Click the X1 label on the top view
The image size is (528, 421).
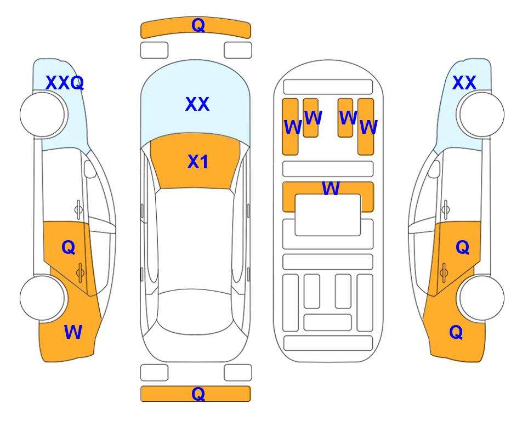[198, 162]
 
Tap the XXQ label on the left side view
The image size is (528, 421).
[65, 83]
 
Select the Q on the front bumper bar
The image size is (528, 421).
[198, 25]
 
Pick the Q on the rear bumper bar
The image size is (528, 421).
[198, 394]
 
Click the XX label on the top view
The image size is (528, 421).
[197, 104]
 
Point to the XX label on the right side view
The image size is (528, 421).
[464, 83]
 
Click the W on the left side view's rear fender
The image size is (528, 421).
[73, 332]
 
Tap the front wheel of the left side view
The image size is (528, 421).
[43, 115]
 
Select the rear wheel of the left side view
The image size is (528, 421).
[43, 298]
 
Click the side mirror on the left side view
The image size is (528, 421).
[90, 169]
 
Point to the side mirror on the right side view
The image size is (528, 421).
[434, 169]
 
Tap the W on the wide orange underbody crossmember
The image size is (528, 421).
[331, 188]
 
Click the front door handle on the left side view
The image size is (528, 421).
[78, 209]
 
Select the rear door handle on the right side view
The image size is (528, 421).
[444, 272]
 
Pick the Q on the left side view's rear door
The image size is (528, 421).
[69, 248]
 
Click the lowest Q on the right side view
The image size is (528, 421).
[456, 332]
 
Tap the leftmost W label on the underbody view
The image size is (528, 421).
[293, 127]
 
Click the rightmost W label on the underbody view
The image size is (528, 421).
[369, 127]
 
